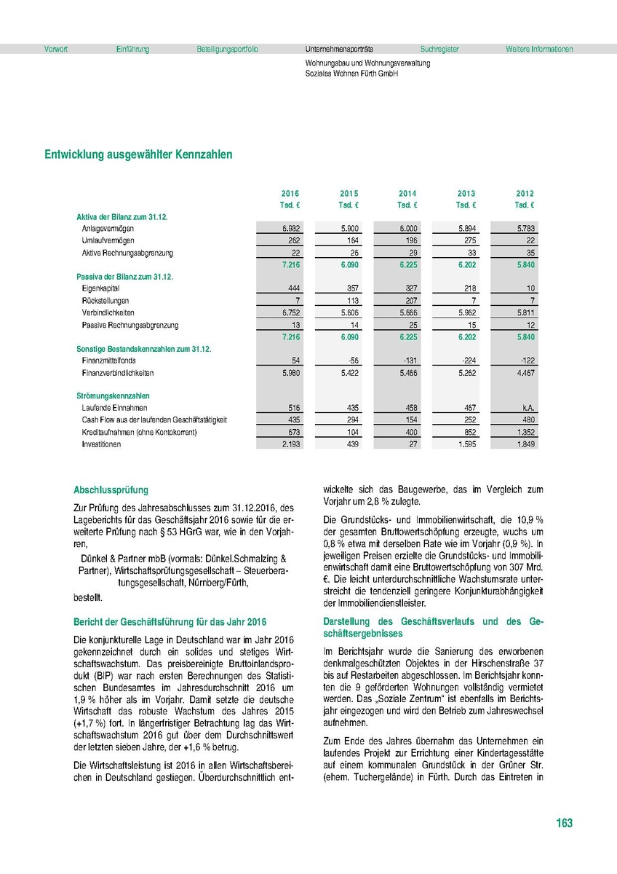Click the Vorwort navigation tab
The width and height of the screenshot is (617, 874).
pyautogui.click(x=56, y=50)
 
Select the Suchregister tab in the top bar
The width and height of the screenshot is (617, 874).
pyautogui.click(x=439, y=50)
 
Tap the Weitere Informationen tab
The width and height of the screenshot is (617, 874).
pyautogui.click(x=539, y=50)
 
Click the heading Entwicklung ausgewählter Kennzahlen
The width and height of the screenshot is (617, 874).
pyautogui.click(x=138, y=154)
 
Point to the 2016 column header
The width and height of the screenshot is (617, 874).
pyautogui.click(x=290, y=194)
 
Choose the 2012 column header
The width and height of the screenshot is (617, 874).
pyautogui.click(x=525, y=194)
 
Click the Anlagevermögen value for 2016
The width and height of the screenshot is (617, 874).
pyautogui.click(x=291, y=229)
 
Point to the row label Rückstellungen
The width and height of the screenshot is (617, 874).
pyautogui.click(x=106, y=301)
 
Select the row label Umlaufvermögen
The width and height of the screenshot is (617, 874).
pyautogui.click(x=108, y=240)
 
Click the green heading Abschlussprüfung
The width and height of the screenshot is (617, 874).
pyautogui.click(x=111, y=491)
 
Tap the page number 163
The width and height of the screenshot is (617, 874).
pyautogui.click(x=564, y=823)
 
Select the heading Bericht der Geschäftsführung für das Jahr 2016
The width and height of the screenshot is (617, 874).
pyautogui.click(x=170, y=622)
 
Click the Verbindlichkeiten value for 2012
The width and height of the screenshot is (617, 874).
pyautogui.click(x=525, y=313)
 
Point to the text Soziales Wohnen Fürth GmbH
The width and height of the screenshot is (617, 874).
pyautogui.click(x=351, y=74)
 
